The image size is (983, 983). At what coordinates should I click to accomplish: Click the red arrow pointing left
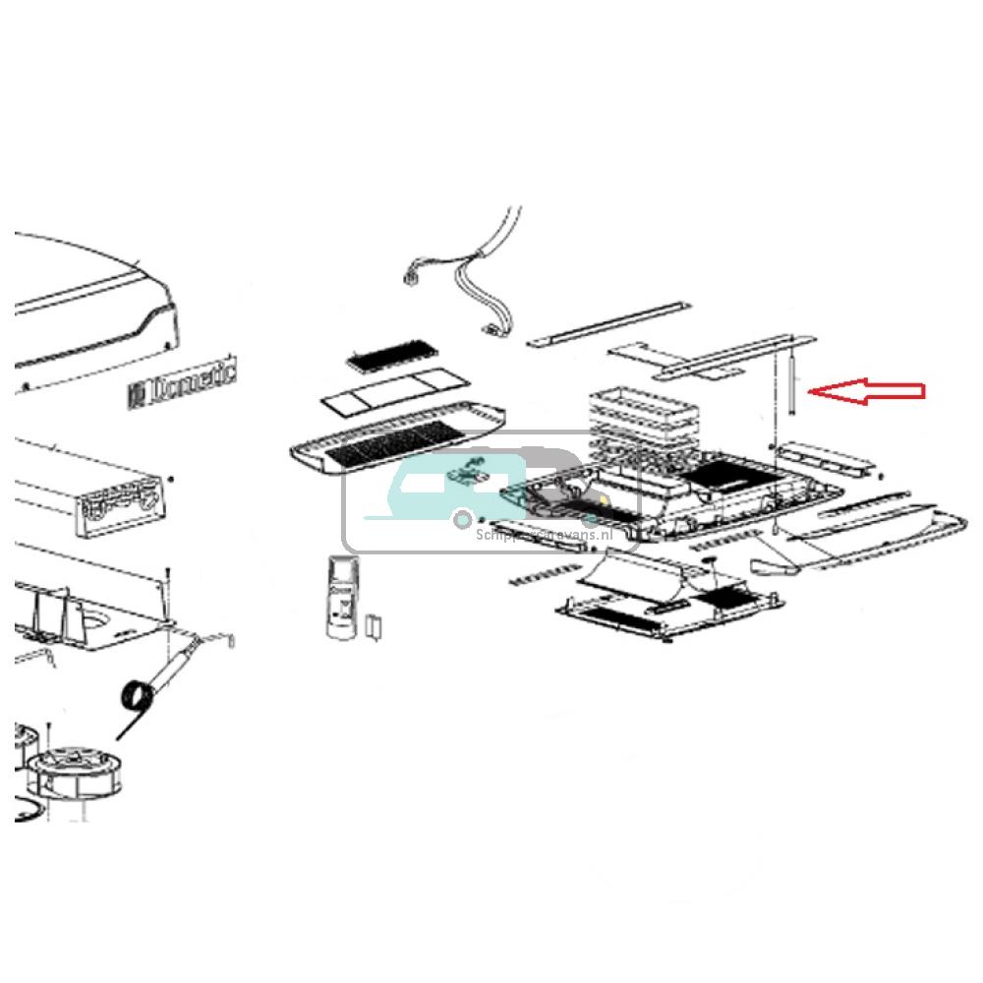865,392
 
